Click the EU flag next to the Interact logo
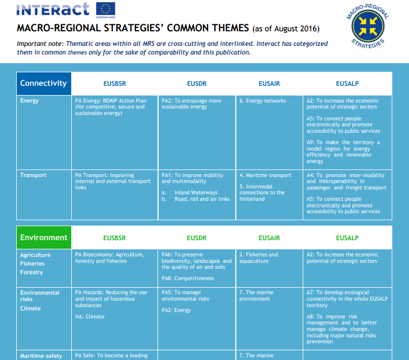[x=106, y=9]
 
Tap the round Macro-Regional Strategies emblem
[x=368, y=26]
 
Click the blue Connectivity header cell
[x=44, y=84]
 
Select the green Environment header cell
[x=44, y=237]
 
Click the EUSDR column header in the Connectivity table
[x=196, y=84]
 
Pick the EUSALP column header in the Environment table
[x=347, y=238]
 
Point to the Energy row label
[x=29, y=101]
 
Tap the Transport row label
[x=33, y=175]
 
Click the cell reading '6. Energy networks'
[x=263, y=101]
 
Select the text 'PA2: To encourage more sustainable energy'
[x=191, y=104]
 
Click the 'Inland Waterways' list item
[x=196, y=193]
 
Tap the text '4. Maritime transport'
[x=265, y=175]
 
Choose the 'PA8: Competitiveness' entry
[x=188, y=279]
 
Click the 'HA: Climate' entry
[x=90, y=317]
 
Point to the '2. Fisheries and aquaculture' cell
[x=258, y=258]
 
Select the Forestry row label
[x=31, y=273]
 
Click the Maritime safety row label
[x=41, y=356]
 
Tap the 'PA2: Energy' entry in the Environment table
[x=176, y=310]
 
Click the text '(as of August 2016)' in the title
[x=286, y=29]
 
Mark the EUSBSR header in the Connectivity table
[x=114, y=84]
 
